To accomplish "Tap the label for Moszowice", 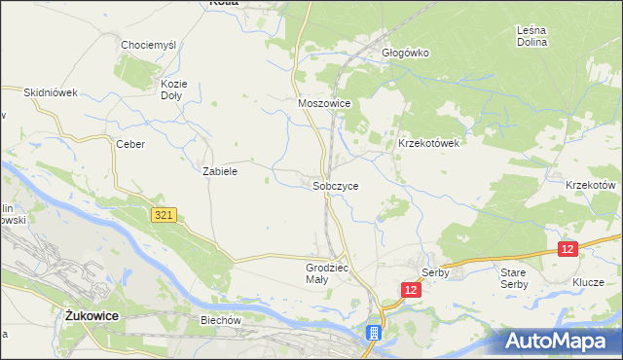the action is click(x=323, y=102).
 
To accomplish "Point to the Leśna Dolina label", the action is click(x=532, y=36).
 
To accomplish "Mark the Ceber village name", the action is click(x=130, y=144).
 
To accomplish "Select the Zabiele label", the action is click(x=220, y=170).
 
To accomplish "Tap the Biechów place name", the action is click(x=220, y=320).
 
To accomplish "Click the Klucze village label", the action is click(x=589, y=283).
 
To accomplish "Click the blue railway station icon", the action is click(x=373, y=334).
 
